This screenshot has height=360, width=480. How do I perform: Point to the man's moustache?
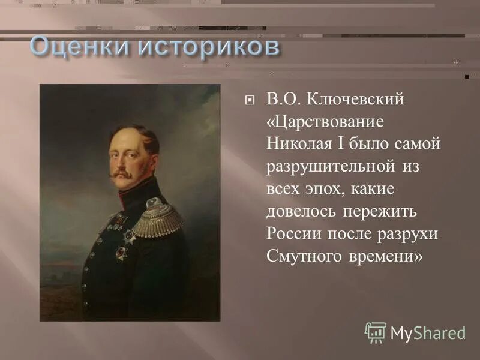[122, 175]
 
